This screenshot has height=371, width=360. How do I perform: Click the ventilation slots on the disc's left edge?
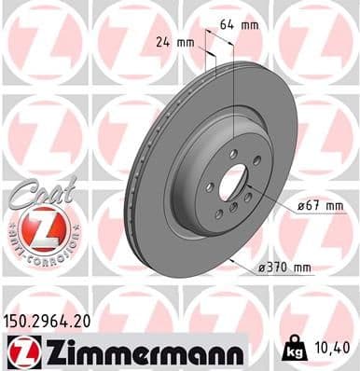coord(132,196)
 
